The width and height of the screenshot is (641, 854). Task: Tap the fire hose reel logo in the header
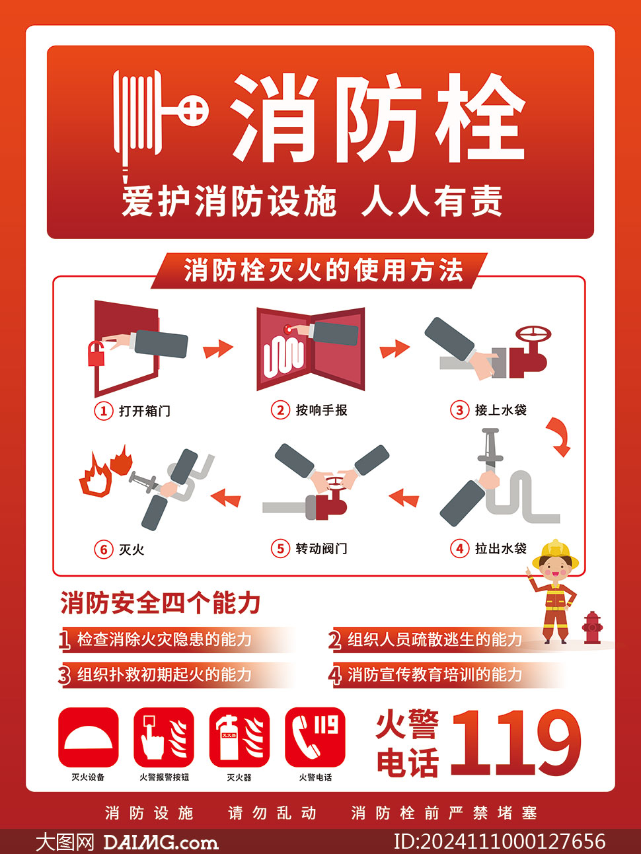click(x=159, y=119)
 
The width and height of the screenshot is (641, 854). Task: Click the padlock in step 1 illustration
click(x=97, y=353)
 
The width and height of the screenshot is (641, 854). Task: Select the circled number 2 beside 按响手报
click(x=280, y=410)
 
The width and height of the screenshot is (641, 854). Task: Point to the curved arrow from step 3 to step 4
click(x=558, y=437)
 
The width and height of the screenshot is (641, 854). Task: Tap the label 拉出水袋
click(x=500, y=548)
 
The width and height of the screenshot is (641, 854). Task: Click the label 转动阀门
click(x=321, y=548)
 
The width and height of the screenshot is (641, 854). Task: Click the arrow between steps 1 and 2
click(x=217, y=349)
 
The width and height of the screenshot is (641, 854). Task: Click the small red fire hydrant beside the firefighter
click(x=591, y=627)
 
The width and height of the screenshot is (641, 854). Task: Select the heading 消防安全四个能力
click(x=161, y=603)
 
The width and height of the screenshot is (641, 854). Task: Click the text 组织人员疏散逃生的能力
click(x=435, y=639)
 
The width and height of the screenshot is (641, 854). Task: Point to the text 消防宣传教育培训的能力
click(x=435, y=674)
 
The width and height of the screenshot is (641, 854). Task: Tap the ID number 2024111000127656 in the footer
click(x=500, y=841)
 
